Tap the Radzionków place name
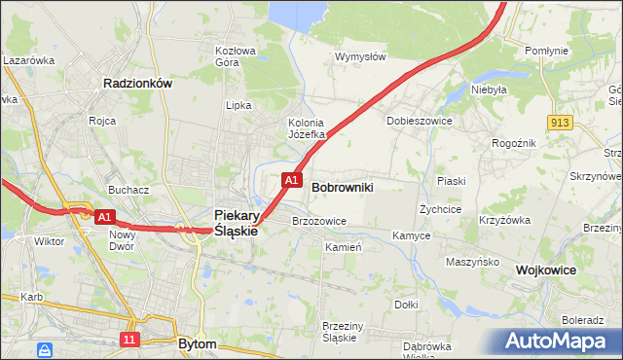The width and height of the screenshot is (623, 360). coord(137,84)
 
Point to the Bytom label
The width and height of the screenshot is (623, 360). coord(198,344)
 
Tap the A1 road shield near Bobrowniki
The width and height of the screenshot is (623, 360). coord(291,180)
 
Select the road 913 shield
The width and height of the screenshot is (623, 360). coord(559,122)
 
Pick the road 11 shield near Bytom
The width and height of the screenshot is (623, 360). coord(129,339)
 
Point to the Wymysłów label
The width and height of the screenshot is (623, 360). coord(360,56)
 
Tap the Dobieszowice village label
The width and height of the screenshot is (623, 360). coord(418,121)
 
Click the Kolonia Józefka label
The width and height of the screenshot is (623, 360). coord(311,128)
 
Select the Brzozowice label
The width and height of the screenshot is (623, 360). coord(319,221)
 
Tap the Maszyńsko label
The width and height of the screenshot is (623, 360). coord(472,262)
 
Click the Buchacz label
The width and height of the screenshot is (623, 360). coord(128,190)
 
